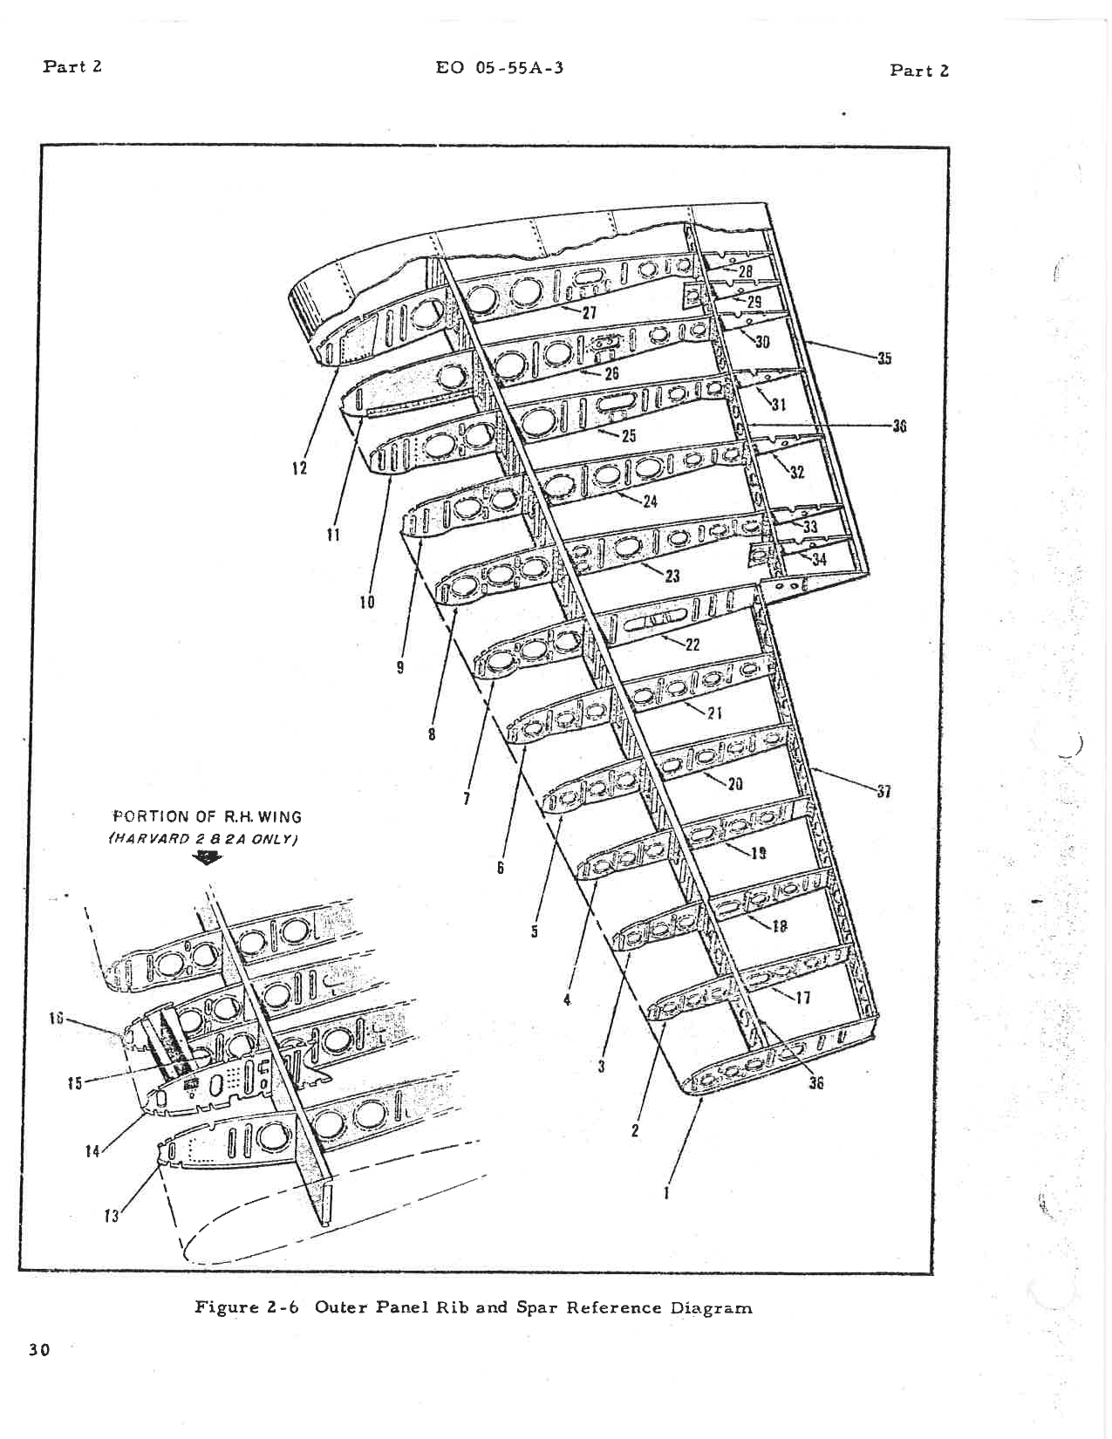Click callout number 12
coord(299,468)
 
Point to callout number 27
coord(590,314)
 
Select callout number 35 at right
coord(884,358)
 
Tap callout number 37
coord(884,792)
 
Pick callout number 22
coord(692,645)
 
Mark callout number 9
coord(400,667)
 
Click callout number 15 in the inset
coord(75,1083)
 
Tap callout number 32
coord(797,473)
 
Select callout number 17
coord(803,998)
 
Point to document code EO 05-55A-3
coord(500,67)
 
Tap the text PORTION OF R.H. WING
coord(208,817)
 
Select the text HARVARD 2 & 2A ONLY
coord(203,838)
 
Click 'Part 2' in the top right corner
coord(919,71)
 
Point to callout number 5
coord(534,931)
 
